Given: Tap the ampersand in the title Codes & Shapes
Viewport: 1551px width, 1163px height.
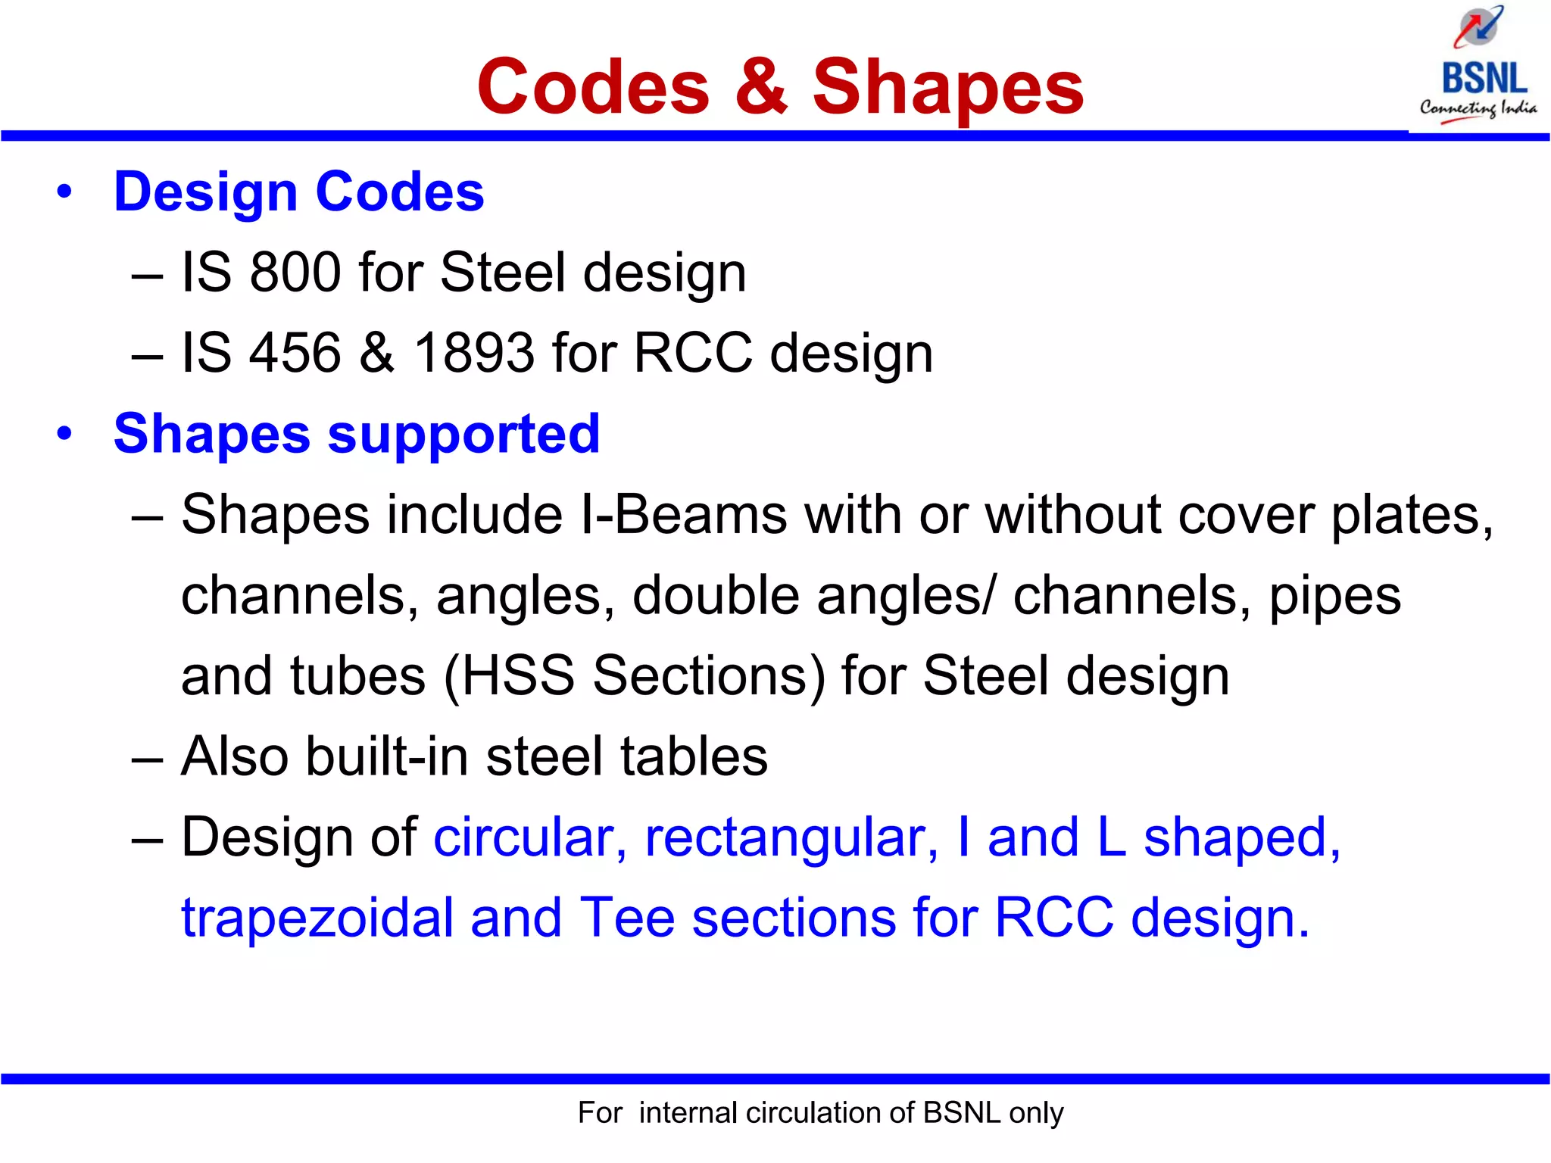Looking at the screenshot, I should (760, 87).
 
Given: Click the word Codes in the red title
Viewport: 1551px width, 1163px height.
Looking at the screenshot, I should (593, 87).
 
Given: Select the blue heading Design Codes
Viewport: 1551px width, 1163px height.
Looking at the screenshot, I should (298, 192).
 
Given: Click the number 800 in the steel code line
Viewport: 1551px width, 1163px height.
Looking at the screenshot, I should (295, 273).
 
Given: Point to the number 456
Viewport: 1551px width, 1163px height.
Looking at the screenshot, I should (295, 353).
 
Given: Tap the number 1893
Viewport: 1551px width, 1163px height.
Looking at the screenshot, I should (474, 353).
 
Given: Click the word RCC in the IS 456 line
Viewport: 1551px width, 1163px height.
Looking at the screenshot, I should (692, 353).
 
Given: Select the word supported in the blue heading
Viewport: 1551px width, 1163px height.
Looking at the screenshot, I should (463, 435).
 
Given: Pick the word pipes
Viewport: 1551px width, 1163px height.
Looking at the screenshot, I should (1335, 597).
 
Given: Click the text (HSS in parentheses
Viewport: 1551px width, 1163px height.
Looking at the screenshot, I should (509, 676).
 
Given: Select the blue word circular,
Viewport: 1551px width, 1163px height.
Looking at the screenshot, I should (530, 837).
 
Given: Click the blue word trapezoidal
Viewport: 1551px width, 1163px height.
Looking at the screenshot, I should (317, 918).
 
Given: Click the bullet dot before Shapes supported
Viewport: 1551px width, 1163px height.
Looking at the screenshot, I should (64, 435).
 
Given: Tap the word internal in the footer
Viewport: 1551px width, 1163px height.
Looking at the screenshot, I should (688, 1113).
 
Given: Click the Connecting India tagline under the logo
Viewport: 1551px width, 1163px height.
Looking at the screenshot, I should (1478, 109).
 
